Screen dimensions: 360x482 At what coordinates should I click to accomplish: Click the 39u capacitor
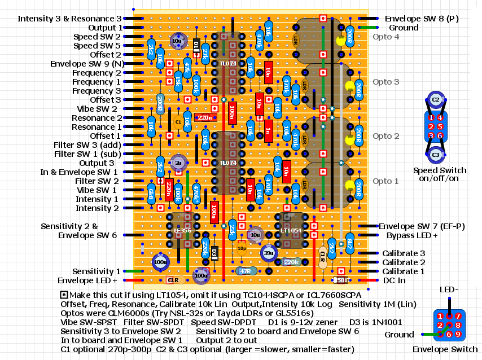268,253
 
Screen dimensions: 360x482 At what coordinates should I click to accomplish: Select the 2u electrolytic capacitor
178,163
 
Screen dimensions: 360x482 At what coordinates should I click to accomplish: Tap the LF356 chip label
182,230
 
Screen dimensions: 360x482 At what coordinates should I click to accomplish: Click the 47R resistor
246,271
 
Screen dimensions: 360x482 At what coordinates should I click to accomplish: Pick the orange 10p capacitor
242,248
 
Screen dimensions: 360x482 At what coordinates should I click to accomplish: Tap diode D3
214,253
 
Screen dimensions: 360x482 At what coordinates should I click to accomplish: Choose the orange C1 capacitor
178,121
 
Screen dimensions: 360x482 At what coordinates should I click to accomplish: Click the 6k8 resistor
151,195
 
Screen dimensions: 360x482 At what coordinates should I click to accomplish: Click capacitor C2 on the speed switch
435,100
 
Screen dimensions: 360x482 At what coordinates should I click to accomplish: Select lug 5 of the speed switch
440,126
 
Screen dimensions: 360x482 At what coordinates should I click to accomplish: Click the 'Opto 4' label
385,37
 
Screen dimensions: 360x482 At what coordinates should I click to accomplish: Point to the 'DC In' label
393,280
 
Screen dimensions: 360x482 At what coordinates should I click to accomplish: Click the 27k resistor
205,55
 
